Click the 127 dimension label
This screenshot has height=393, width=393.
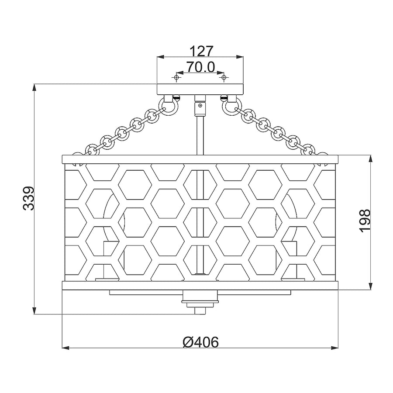click(201, 52)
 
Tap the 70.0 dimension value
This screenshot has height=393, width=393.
click(200, 67)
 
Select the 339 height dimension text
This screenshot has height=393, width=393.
click(28, 198)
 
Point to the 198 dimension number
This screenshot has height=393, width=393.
click(365, 221)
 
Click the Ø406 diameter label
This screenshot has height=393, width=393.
click(200, 342)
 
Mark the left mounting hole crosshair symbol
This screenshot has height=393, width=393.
click(176, 77)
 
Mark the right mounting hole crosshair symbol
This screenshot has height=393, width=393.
click(224, 77)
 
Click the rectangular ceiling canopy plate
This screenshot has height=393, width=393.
click(200, 89)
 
